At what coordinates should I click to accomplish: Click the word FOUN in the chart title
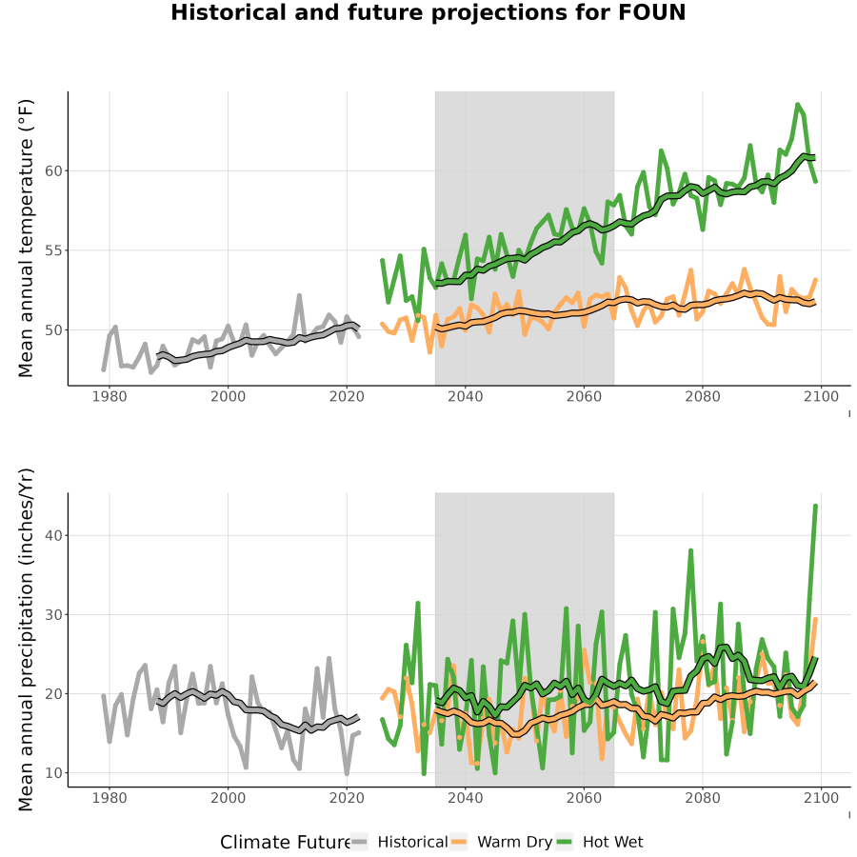[x=652, y=12]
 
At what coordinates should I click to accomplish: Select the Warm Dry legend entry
[x=501, y=842]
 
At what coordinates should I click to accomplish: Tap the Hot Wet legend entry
[x=599, y=842]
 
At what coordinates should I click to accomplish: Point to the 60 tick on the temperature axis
[x=53, y=171]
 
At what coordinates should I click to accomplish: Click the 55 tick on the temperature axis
[x=53, y=250]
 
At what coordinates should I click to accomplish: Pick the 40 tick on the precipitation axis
[x=53, y=535]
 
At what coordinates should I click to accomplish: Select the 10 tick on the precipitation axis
[x=53, y=773]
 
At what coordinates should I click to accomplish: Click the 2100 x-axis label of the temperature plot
[x=821, y=396]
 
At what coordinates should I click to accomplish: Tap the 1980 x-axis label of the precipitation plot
[x=110, y=798]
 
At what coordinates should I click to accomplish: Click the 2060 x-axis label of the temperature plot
[x=584, y=396]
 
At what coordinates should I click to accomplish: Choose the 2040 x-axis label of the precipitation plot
[x=465, y=798]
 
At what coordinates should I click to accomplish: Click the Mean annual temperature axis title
[x=26, y=238]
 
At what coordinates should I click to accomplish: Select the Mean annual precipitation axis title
[x=26, y=640]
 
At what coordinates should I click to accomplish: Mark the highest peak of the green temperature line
[x=797, y=104]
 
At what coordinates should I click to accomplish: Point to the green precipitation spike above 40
[x=815, y=507]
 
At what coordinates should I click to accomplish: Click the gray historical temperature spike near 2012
[x=300, y=296]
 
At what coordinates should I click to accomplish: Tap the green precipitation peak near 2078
[x=691, y=550]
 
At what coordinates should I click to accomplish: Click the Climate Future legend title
[x=285, y=843]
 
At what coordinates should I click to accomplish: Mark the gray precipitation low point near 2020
[x=347, y=773]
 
